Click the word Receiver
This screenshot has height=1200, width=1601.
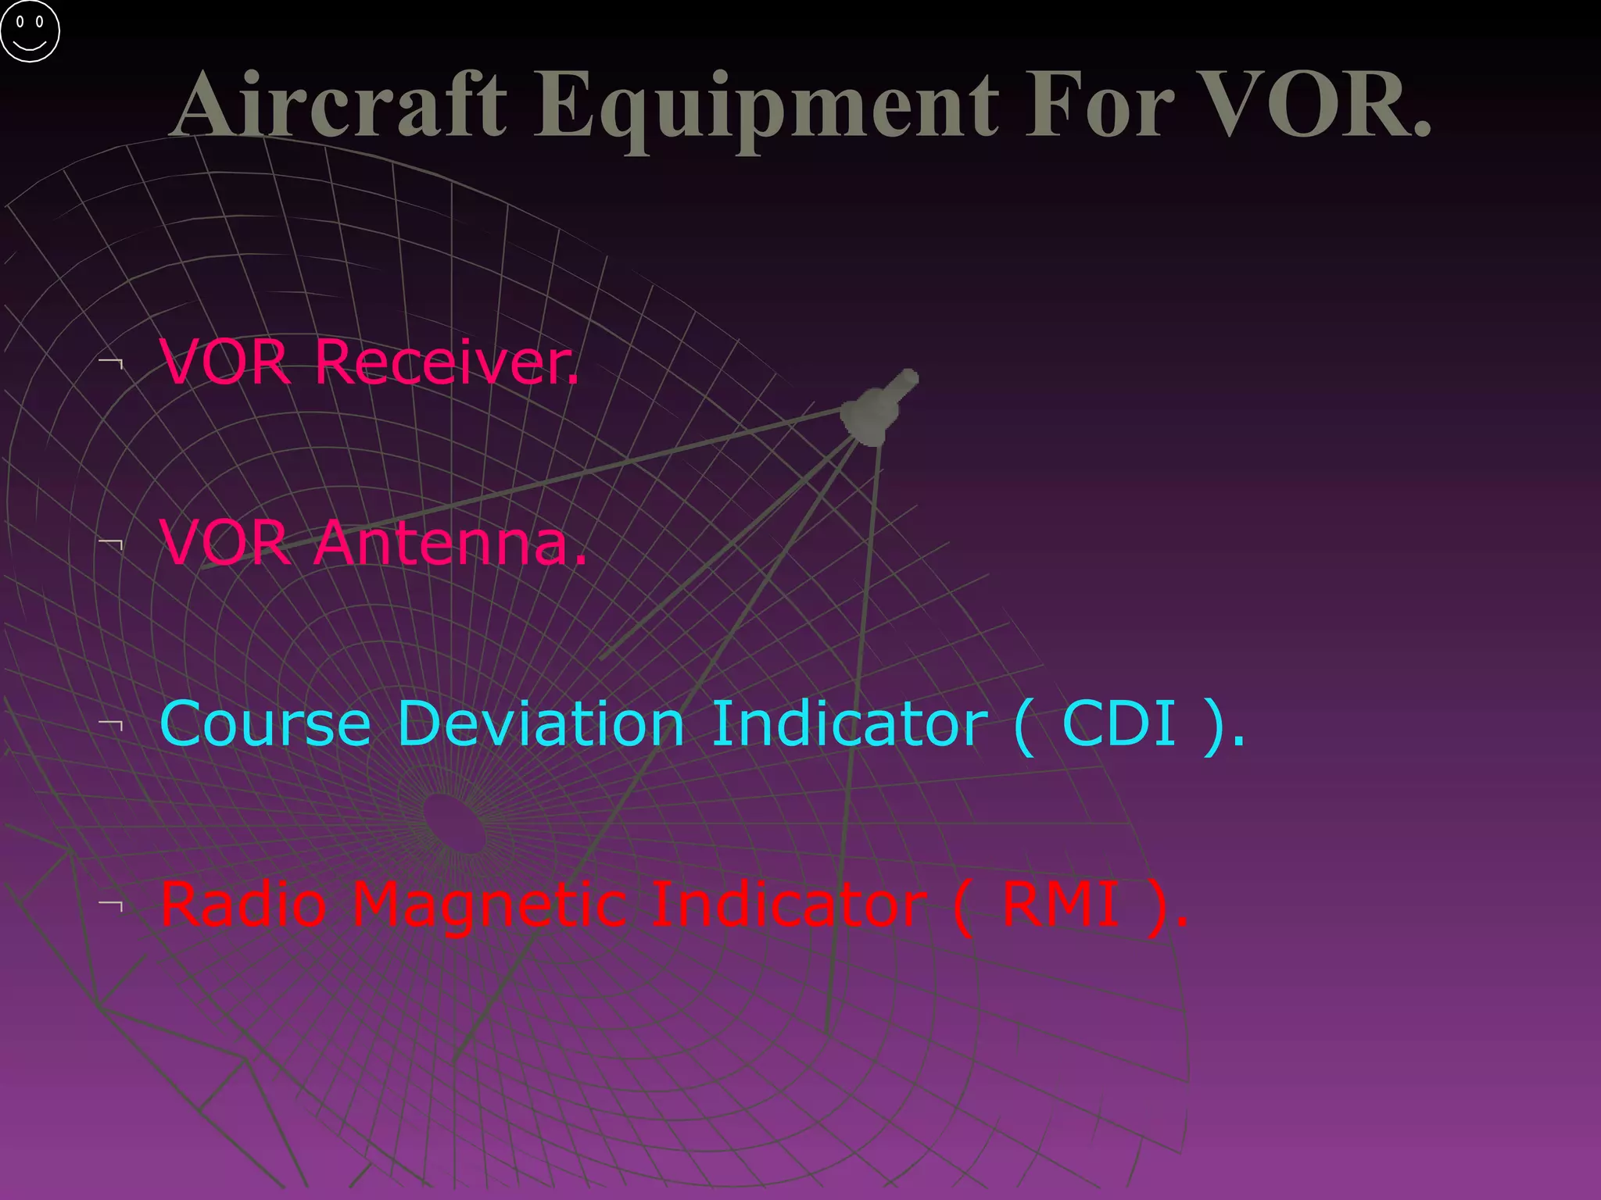click(446, 362)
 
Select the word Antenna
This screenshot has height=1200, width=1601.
click(450, 543)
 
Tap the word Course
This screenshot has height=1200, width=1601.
click(265, 724)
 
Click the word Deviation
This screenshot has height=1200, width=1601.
click(541, 724)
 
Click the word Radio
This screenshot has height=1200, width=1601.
click(243, 905)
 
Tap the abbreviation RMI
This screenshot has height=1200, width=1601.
click(1060, 905)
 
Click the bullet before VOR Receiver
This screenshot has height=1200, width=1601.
click(112, 363)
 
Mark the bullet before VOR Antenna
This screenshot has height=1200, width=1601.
click(112, 544)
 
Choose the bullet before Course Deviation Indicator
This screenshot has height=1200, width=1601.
click(112, 724)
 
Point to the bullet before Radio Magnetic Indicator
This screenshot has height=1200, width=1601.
click(112, 905)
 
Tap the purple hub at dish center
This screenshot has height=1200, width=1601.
click(454, 823)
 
